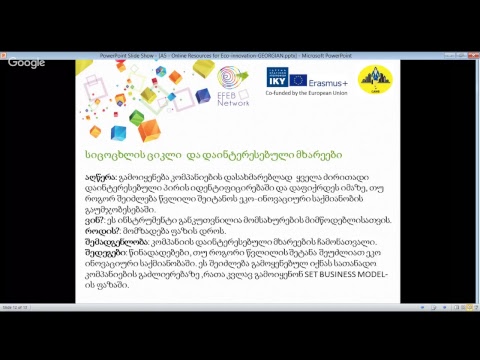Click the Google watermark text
(26, 63)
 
